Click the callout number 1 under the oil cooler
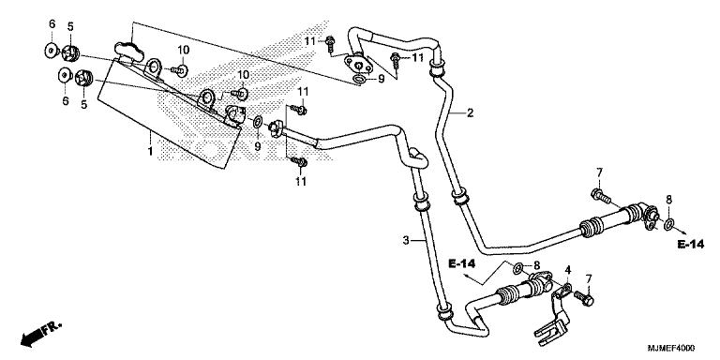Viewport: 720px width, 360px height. pyautogui.click(x=150, y=151)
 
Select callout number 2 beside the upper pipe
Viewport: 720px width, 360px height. pyautogui.click(x=470, y=112)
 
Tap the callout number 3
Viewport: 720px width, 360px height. pyautogui.click(x=406, y=240)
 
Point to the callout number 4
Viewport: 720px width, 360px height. pyautogui.click(x=567, y=270)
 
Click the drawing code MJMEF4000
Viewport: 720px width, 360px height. pyautogui.click(x=671, y=348)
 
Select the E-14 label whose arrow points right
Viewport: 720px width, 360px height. pyautogui.click(x=691, y=245)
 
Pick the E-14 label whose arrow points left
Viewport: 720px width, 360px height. pyautogui.click(x=461, y=263)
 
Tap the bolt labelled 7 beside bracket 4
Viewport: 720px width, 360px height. pyautogui.click(x=583, y=298)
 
